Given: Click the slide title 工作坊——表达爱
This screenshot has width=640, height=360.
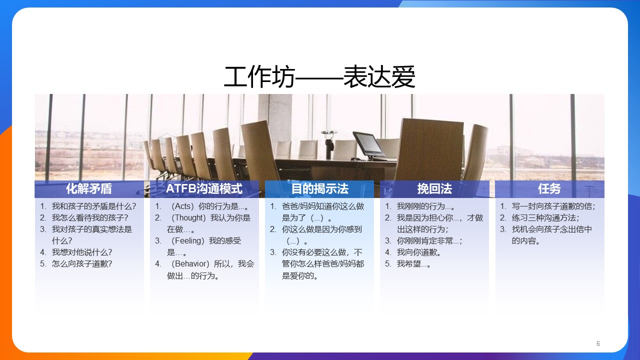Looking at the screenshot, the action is click(x=319, y=76).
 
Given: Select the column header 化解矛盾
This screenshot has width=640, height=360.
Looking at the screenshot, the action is click(x=89, y=189).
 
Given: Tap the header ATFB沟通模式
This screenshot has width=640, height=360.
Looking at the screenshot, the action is click(x=204, y=189).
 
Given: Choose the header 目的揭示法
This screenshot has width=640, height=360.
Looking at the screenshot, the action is click(x=319, y=189).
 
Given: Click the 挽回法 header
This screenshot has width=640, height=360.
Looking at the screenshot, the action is click(x=434, y=189).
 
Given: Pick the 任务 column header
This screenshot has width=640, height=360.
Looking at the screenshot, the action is click(x=549, y=189).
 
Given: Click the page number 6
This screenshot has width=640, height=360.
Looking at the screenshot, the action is click(x=598, y=343).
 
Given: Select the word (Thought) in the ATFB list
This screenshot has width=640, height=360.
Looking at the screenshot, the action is click(x=188, y=218).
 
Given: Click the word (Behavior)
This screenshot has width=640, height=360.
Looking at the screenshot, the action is click(x=190, y=263).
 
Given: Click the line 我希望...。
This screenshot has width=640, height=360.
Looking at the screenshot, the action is click(x=413, y=263).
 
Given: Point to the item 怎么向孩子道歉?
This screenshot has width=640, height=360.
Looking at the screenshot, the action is click(x=82, y=263).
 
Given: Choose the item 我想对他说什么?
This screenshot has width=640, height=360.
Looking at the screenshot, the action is click(x=82, y=252).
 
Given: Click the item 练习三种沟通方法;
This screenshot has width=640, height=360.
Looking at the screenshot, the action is click(x=545, y=218).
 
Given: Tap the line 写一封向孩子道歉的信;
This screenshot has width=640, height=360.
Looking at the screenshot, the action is click(x=553, y=206).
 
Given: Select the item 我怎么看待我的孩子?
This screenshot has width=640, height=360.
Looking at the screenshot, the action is click(x=90, y=218).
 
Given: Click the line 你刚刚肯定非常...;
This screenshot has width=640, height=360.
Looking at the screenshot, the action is click(x=429, y=241).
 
